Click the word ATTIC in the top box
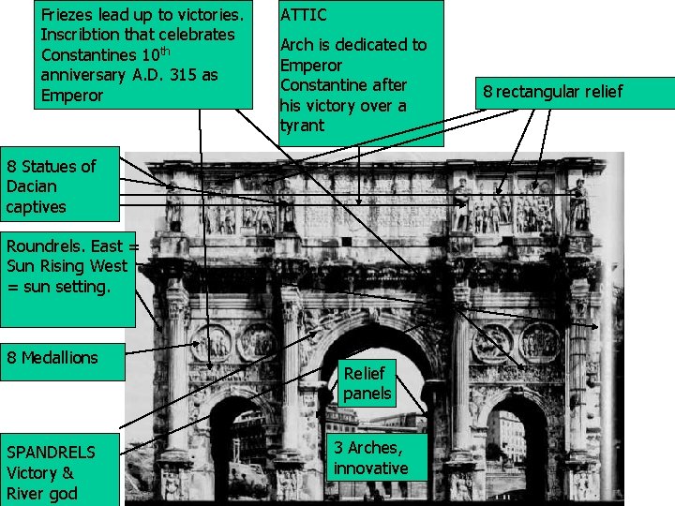[304, 15]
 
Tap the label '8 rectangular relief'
[552, 92]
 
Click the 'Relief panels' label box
[367, 383]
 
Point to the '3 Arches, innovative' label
[370, 457]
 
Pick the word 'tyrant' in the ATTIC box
[302, 126]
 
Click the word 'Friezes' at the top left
[68, 15]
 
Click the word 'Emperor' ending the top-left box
[72, 97]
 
